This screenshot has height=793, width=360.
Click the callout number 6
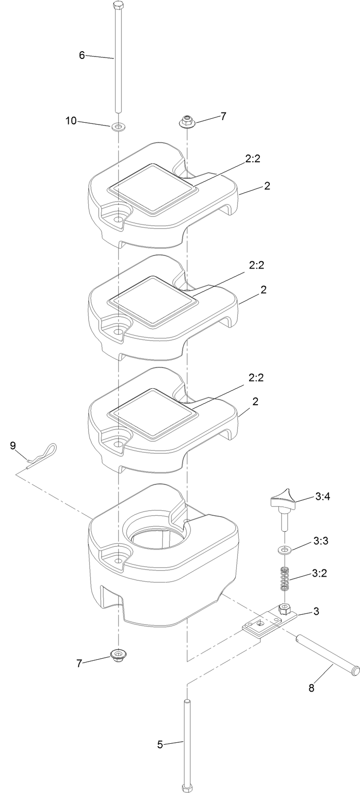tap(82, 55)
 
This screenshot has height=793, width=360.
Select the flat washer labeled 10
tap(117, 127)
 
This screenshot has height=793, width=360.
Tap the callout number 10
tap(71, 121)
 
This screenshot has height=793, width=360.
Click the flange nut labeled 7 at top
tap(186, 121)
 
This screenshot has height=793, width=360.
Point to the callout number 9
tap(13, 445)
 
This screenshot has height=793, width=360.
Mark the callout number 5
tap(160, 744)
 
